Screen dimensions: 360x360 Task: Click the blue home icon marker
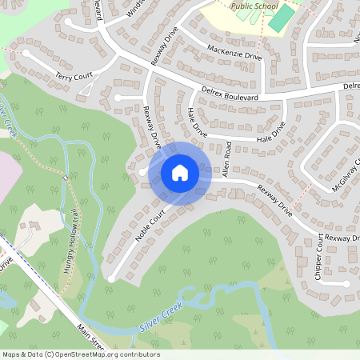pyautogui.click(x=179, y=172)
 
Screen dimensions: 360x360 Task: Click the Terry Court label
pyautogui.click(x=74, y=77)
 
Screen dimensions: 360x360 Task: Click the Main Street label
pyautogui.click(x=92, y=336)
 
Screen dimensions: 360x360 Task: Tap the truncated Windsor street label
pyautogui.click(x=137, y=9)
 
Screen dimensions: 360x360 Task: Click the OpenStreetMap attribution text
pyautogui.click(x=80, y=354)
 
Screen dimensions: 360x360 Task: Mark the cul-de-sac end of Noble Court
pyautogui.click(x=111, y=278)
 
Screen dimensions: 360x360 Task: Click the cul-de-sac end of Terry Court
pyautogui.click(x=26, y=54)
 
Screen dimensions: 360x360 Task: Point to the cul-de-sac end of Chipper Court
pyautogui.click(x=346, y=284)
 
